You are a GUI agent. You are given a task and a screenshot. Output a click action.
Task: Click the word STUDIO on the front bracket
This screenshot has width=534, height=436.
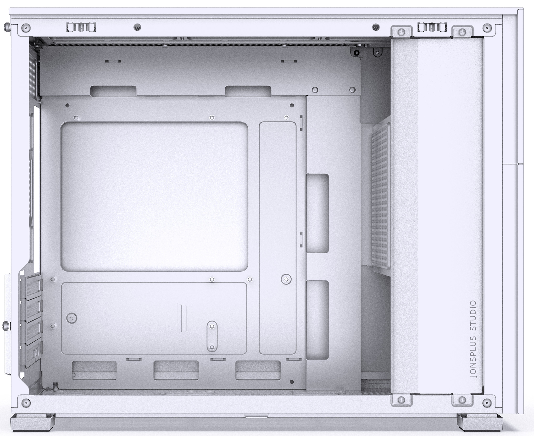pos(473,317)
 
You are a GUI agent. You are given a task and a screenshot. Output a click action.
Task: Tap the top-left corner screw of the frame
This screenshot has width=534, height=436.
pos(26,27)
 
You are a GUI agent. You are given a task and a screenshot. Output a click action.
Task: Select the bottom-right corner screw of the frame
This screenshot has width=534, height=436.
pos(487,403)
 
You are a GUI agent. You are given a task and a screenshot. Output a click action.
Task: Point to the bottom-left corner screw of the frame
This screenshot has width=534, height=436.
pos(26,403)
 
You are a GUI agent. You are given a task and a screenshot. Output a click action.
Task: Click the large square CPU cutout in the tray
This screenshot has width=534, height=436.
pos(154,197)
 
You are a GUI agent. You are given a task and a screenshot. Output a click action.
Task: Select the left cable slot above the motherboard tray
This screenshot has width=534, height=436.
pos(113,91)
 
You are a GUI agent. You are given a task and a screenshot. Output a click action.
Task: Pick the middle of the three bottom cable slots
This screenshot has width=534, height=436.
pos(176,370)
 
